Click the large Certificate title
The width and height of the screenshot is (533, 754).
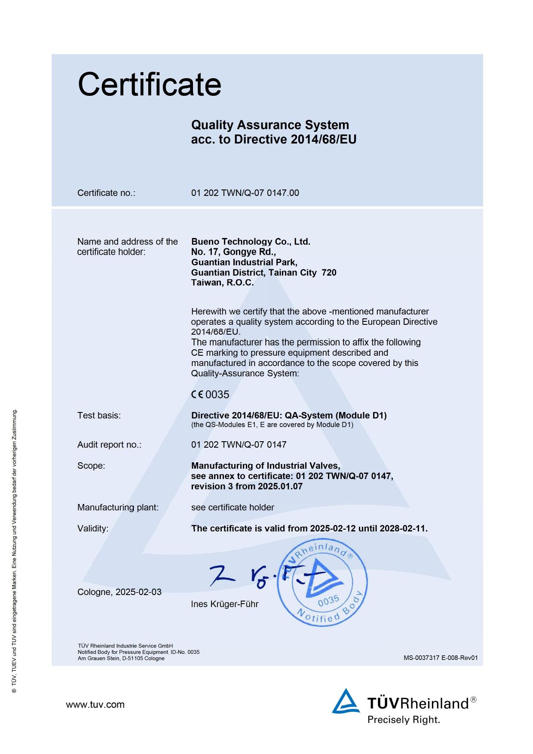[149, 84]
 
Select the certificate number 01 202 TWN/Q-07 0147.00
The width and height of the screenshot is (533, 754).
[245, 193]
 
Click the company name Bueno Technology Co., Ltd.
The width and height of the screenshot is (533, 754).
[251, 241]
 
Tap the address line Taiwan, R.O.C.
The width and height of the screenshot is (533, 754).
[222, 283]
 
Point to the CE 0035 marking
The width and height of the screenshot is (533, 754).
[210, 394]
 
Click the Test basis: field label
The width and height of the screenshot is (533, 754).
[99, 415]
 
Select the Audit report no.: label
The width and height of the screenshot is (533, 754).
[109, 445]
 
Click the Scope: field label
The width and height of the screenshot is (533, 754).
[91, 466]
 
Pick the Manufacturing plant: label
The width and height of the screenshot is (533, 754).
[118, 507]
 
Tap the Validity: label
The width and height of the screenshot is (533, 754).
[93, 528]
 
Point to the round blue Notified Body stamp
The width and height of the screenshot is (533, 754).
[322, 583]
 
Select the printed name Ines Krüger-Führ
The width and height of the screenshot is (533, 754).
[225, 604]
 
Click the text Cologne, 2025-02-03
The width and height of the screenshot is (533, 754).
[119, 592]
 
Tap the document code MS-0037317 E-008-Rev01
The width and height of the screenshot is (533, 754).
[441, 658]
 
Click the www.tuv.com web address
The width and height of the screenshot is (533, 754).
[95, 705]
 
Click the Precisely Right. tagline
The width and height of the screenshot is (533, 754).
[404, 720]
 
